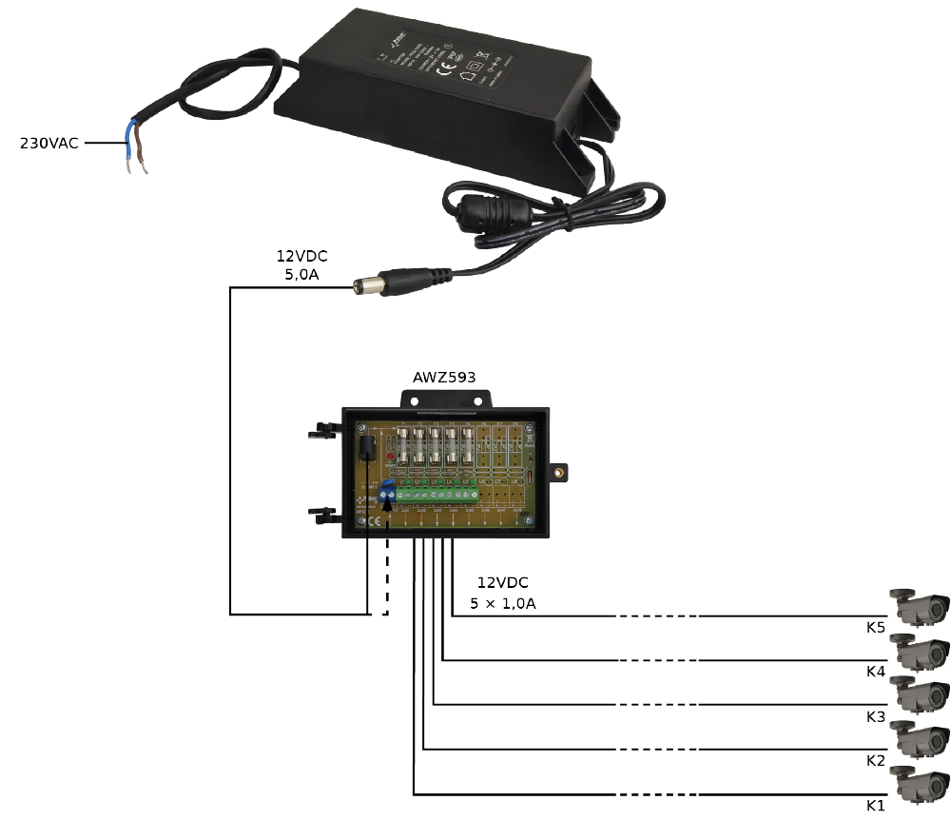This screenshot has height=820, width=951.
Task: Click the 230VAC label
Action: point(49,144)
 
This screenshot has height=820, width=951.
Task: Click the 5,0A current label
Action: point(302,274)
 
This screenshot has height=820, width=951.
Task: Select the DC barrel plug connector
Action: point(375,283)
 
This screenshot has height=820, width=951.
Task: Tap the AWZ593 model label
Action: point(443,377)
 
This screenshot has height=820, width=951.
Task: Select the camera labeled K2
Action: point(920,740)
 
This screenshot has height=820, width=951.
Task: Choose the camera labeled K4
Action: point(920,652)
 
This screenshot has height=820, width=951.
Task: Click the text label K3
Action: point(876,716)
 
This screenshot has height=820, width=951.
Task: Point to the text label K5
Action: point(876,628)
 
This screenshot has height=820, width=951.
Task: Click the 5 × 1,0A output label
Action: point(502,603)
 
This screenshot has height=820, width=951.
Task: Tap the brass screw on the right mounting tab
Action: point(560,470)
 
